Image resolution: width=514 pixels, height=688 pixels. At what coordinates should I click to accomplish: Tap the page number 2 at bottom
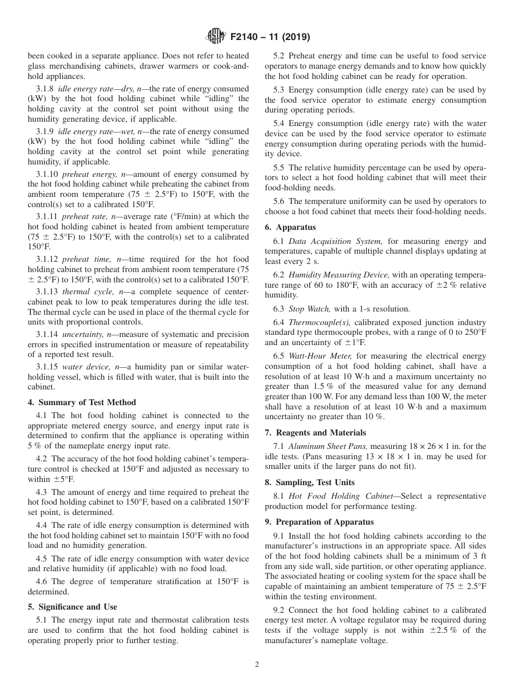(x=257, y=665)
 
